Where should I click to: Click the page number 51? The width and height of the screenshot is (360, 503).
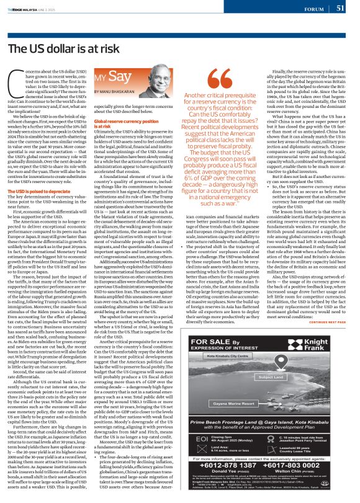coord(341,9)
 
